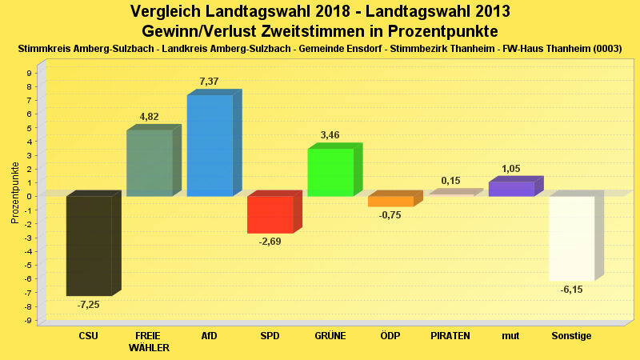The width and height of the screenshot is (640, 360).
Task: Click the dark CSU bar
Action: pos(89,246)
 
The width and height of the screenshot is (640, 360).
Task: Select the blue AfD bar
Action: pos(210,146)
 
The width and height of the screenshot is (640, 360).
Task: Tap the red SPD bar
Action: pos(270,214)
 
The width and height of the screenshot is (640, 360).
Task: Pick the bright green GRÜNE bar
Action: pos(330,172)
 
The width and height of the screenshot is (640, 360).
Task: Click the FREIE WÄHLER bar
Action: pos(150,163)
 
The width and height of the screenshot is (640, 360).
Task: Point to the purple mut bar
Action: pos(511,189)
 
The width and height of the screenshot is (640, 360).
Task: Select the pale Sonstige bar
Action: pos(571,238)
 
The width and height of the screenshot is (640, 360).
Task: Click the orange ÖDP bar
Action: pos(390,202)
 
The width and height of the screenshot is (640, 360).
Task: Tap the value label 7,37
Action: pos(209,82)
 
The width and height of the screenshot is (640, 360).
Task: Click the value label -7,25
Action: pos(88,305)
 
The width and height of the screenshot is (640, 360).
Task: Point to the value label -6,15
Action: pos(571,290)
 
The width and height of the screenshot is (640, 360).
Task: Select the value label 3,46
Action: pos(330,135)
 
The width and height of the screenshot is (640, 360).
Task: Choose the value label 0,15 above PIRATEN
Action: pos(450,181)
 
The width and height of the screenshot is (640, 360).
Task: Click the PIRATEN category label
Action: pos(450,336)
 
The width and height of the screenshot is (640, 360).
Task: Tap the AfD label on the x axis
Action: pos(210,336)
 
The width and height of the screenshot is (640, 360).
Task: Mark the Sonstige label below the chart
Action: pos(571,336)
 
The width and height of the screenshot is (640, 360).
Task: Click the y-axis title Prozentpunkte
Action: pos(14,194)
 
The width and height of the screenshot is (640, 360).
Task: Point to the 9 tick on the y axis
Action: pos(29,73)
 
